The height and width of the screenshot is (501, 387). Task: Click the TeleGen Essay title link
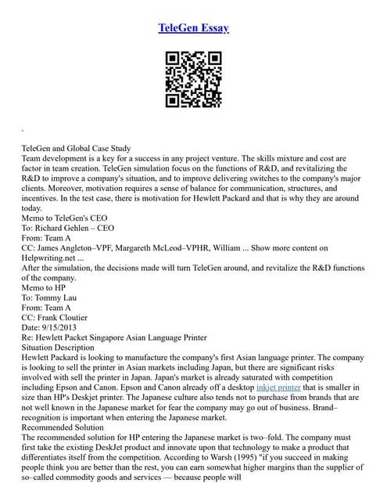click(x=193, y=28)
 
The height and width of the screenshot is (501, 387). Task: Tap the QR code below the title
click(x=193, y=79)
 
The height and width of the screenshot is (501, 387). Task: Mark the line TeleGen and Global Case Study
click(x=76, y=148)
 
